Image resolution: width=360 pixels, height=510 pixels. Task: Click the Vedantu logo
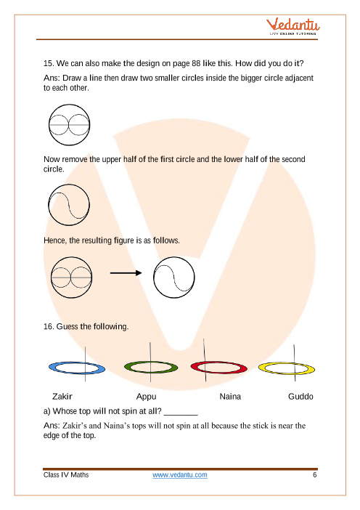click(292, 26)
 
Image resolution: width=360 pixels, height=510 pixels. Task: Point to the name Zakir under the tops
click(62, 397)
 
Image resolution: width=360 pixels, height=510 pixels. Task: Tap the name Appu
click(146, 397)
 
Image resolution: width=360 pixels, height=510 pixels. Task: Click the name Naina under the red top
click(230, 397)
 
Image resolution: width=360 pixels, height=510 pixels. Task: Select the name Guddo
click(300, 397)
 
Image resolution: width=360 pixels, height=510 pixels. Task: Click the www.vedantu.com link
click(180, 475)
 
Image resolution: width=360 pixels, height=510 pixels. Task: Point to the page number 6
click(314, 475)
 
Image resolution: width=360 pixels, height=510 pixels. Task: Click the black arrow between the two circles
click(126, 273)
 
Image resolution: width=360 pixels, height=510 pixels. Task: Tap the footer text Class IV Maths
click(66, 475)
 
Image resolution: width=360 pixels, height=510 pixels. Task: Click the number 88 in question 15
click(196, 63)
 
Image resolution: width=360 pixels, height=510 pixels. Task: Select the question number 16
click(49, 326)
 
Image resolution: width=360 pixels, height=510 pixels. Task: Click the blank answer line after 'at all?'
click(181, 414)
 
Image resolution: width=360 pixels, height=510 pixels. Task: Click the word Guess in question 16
click(67, 326)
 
